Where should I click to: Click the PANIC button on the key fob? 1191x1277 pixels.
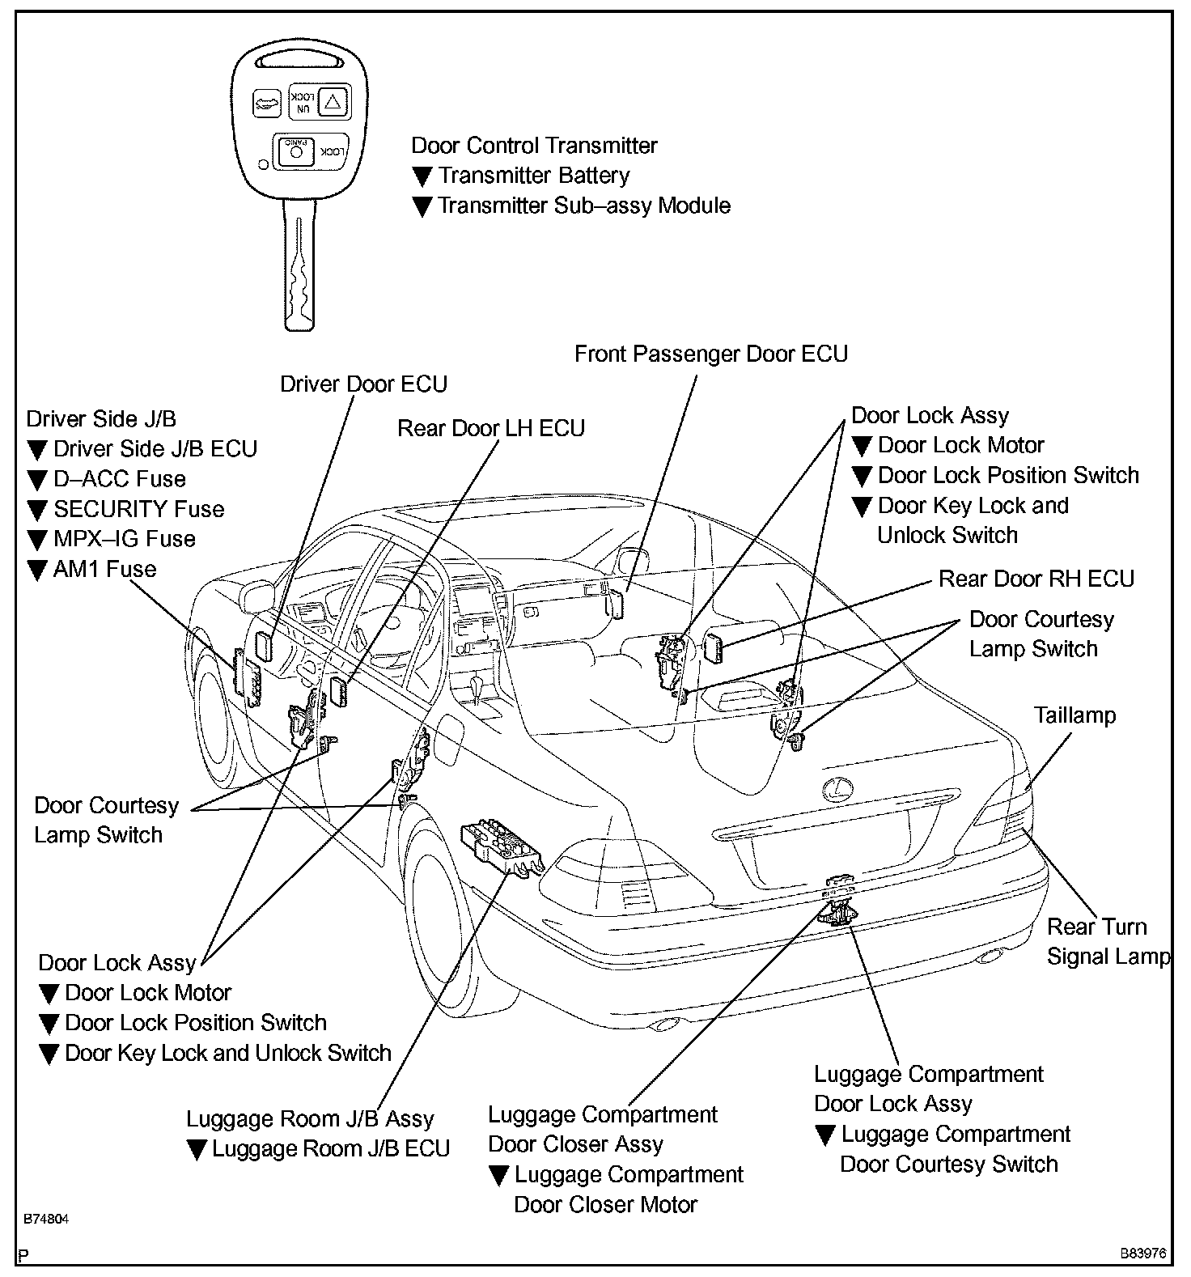tap(296, 151)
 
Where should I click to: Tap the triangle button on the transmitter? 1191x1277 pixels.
tap(334, 101)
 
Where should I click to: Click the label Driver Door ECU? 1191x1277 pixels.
tap(363, 384)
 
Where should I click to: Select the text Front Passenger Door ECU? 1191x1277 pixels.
tap(710, 354)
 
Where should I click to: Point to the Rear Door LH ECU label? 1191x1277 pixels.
tap(490, 428)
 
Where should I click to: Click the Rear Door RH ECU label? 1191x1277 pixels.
tap(1036, 579)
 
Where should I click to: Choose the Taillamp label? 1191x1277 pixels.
tap(1074, 715)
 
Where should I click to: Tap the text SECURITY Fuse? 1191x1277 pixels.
tap(138, 509)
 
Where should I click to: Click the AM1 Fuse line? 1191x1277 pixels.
tap(104, 569)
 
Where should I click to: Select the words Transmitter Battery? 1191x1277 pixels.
tap(533, 176)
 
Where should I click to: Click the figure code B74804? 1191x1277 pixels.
tap(45, 1220)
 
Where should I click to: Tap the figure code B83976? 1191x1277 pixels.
tap(1142, 1254)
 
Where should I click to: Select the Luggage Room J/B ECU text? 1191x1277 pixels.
tap(330, 1149)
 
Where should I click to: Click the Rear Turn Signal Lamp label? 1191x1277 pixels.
tap(1107, 941)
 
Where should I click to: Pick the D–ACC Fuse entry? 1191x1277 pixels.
tap(119, 479)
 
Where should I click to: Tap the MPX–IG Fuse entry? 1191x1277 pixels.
tap(124, 539)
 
